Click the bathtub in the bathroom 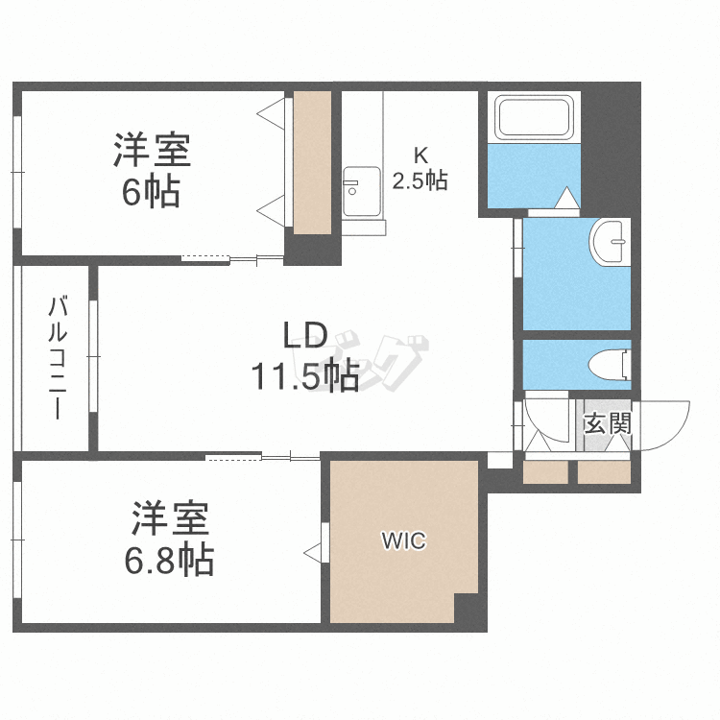534,117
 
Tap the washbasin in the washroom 610,242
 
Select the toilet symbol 611,365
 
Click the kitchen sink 361,191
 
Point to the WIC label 404,540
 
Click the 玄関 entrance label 608,423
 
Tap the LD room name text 305,335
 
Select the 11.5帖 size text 304,375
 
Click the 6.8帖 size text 169,560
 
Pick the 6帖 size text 151,192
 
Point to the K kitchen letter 420,156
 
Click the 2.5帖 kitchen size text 420,180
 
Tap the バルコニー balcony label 59,358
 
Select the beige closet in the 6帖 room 312,162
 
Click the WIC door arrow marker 313,552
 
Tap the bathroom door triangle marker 566,198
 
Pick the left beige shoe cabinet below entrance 545,472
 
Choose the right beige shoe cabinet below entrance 604,472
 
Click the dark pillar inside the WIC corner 467,608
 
